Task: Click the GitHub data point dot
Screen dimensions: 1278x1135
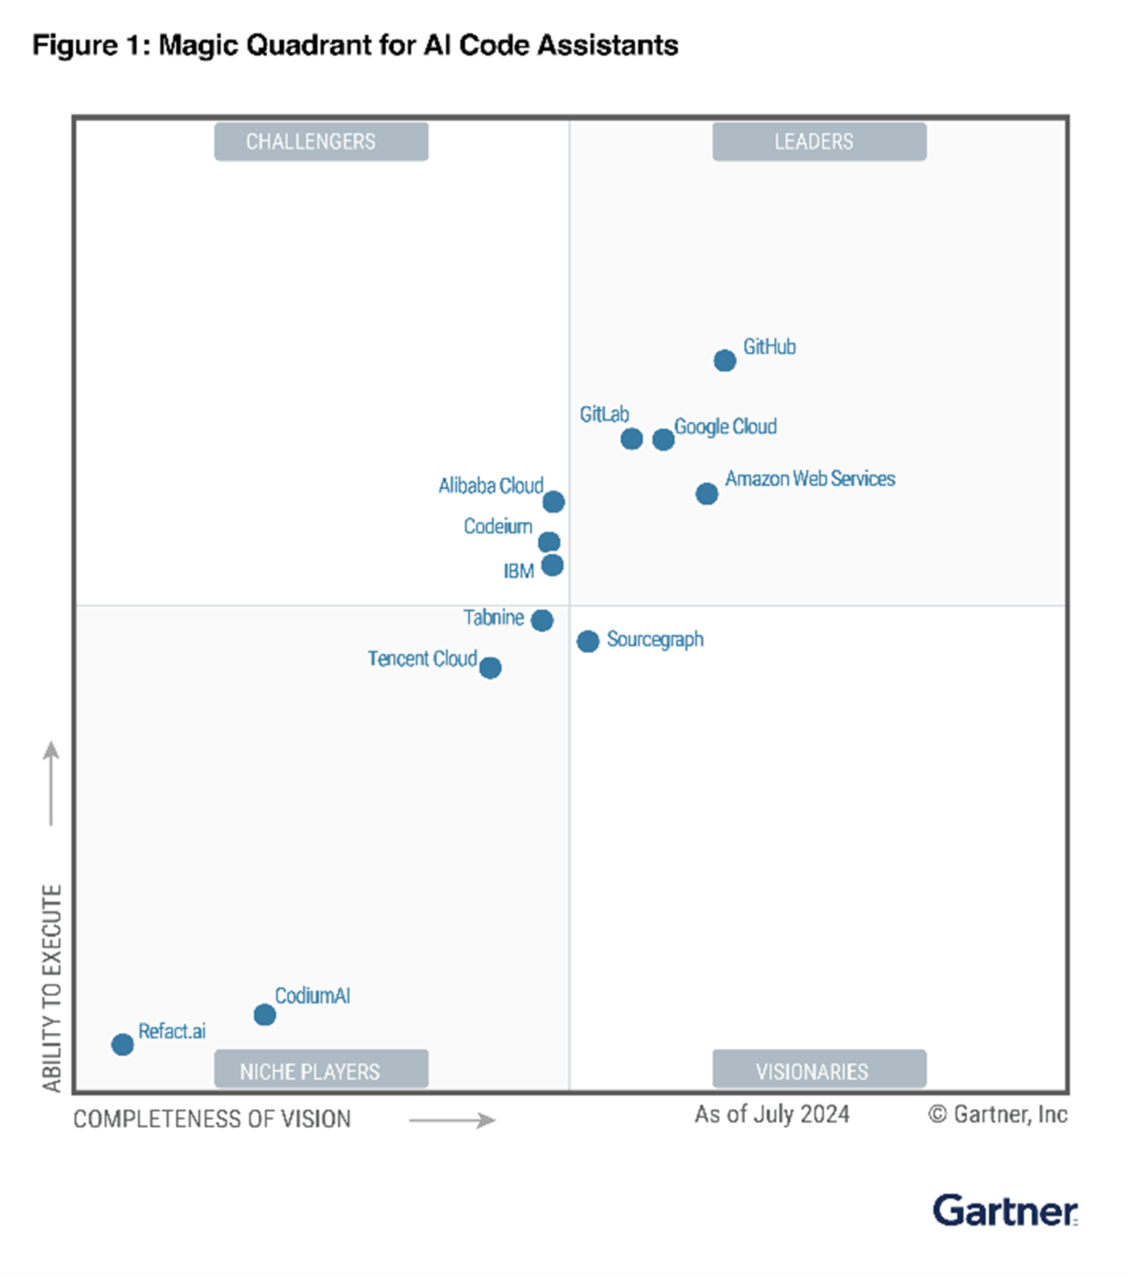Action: coord(724,360)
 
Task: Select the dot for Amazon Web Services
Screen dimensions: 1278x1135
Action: coord(706,494)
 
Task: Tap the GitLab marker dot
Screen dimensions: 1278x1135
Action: coord(631,439)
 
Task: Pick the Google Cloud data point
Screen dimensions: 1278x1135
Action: coord(663,440)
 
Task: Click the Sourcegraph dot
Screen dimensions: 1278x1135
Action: coord(587,641)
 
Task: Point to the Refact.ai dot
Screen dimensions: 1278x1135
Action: coord(123,1044)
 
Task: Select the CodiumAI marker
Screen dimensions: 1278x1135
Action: coord(265,1015)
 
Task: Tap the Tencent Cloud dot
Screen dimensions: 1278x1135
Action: coord(490,667)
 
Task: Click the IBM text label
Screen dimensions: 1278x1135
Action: coord(519,572)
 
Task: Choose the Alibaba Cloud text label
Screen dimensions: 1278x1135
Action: coord(490,485)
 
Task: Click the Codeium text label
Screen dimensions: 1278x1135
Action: coord(498,527)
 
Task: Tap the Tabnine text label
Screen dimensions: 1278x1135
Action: coord(493,617)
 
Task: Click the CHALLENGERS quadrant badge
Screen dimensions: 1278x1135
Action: coord(321,141)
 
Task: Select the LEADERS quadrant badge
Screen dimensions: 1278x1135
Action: coord(819,141)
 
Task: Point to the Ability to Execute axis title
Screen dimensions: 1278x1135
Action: coord(51,987)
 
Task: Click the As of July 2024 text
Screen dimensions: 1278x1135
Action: coord(772,1114)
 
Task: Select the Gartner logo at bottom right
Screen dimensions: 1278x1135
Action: coord(1004,1211)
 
